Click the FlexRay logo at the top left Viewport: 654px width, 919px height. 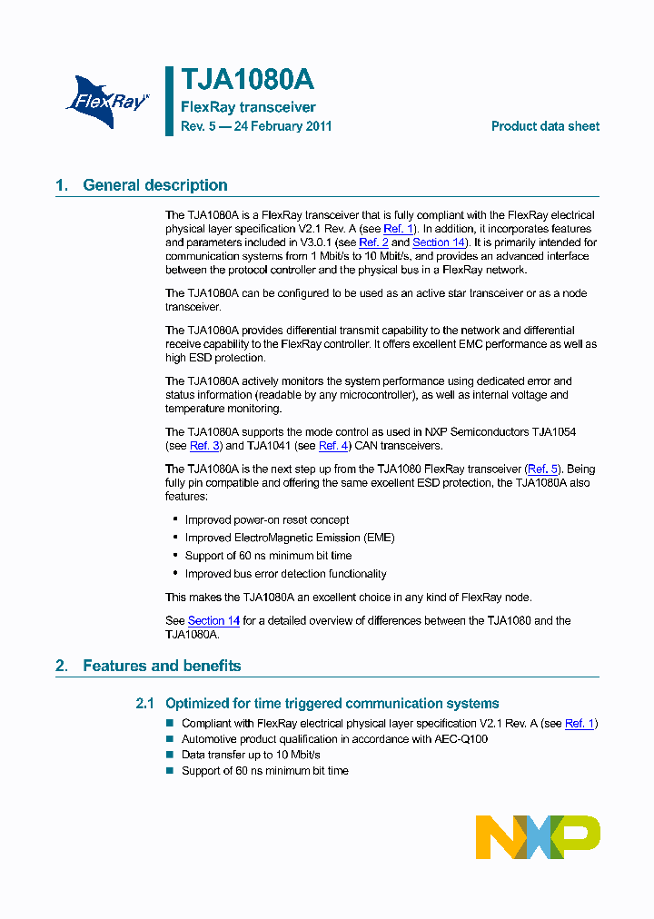[x=107, y=99]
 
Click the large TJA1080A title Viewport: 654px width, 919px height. [x=247, y=81]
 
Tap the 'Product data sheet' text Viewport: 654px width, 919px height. [x=545, y=126]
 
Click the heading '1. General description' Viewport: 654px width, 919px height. [x=142, y=185]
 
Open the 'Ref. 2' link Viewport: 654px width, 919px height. [x=373, y=242]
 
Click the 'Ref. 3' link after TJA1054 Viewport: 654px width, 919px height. [x=204, y=446]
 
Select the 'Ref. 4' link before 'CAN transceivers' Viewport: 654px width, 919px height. [x=333, y=446]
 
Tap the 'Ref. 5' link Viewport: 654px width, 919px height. [x=543, y=469]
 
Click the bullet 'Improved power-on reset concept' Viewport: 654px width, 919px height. [x=267, y=520]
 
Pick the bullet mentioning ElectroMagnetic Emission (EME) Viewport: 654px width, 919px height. [x=290, y=538]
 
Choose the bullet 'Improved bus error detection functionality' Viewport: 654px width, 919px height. [x=285, y=574]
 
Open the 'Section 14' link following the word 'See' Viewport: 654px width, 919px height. [x=213, y=621]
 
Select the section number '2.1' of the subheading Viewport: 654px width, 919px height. [x=145, y=704]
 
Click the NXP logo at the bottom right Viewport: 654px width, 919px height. [x=538, y=836]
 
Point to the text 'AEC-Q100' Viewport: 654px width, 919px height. [x=461, y=739]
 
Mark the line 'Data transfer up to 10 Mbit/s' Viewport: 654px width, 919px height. [x=251, y=755]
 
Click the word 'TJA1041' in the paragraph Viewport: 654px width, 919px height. [x=270, y=446]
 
